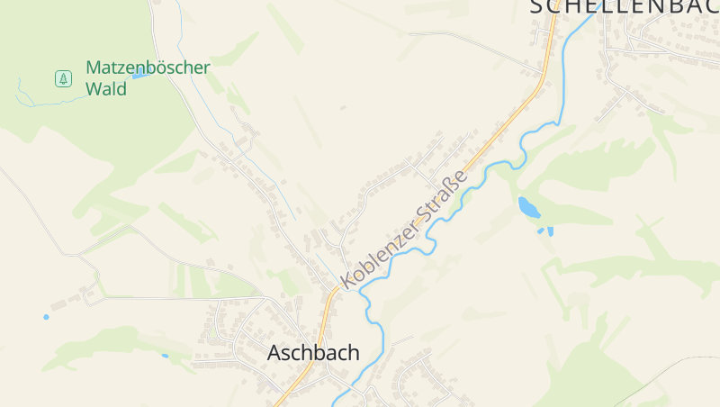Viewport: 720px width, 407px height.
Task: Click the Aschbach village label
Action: click(312, 353)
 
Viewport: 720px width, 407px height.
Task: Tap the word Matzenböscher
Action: click(148, 68)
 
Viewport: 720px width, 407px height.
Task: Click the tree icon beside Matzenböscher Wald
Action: click(63, 78)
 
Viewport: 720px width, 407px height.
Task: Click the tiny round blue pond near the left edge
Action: click(46, 317)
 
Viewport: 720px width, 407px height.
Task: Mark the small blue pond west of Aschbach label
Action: click(165, 356)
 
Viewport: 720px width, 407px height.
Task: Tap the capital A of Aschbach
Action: click(274, 353)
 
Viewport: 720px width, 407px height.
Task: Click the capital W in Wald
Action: click(93, 89)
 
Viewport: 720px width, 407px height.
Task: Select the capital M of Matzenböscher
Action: click(93, 68)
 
